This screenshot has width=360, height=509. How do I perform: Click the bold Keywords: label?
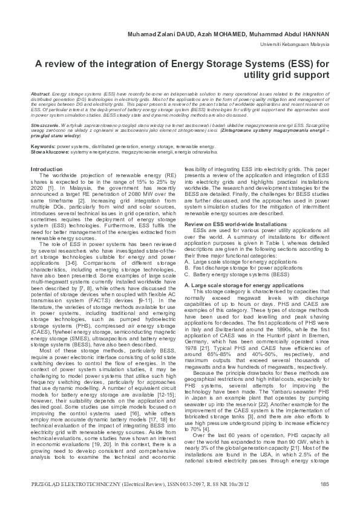pos(44,147)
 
